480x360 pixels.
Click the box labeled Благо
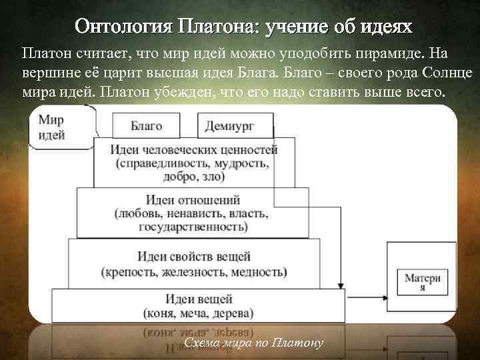(146, 125)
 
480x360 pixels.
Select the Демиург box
(236, 125)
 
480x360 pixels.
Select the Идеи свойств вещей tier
(194, 264)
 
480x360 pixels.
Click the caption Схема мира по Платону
(253, 343)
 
